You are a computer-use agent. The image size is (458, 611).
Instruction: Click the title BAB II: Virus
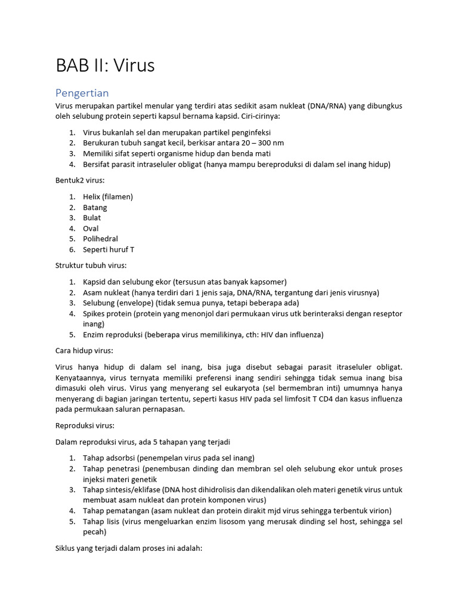(x=105, y=66)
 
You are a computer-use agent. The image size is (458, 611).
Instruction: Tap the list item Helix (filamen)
(x=108, y=197)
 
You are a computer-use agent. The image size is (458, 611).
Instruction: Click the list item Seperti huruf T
(x=109, y=249)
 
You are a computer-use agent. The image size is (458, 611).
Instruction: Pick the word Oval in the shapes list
(x=91, y=229)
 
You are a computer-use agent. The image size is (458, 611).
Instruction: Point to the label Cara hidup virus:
(x=84, y=351)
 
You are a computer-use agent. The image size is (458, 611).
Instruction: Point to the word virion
(x=380, y=511)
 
